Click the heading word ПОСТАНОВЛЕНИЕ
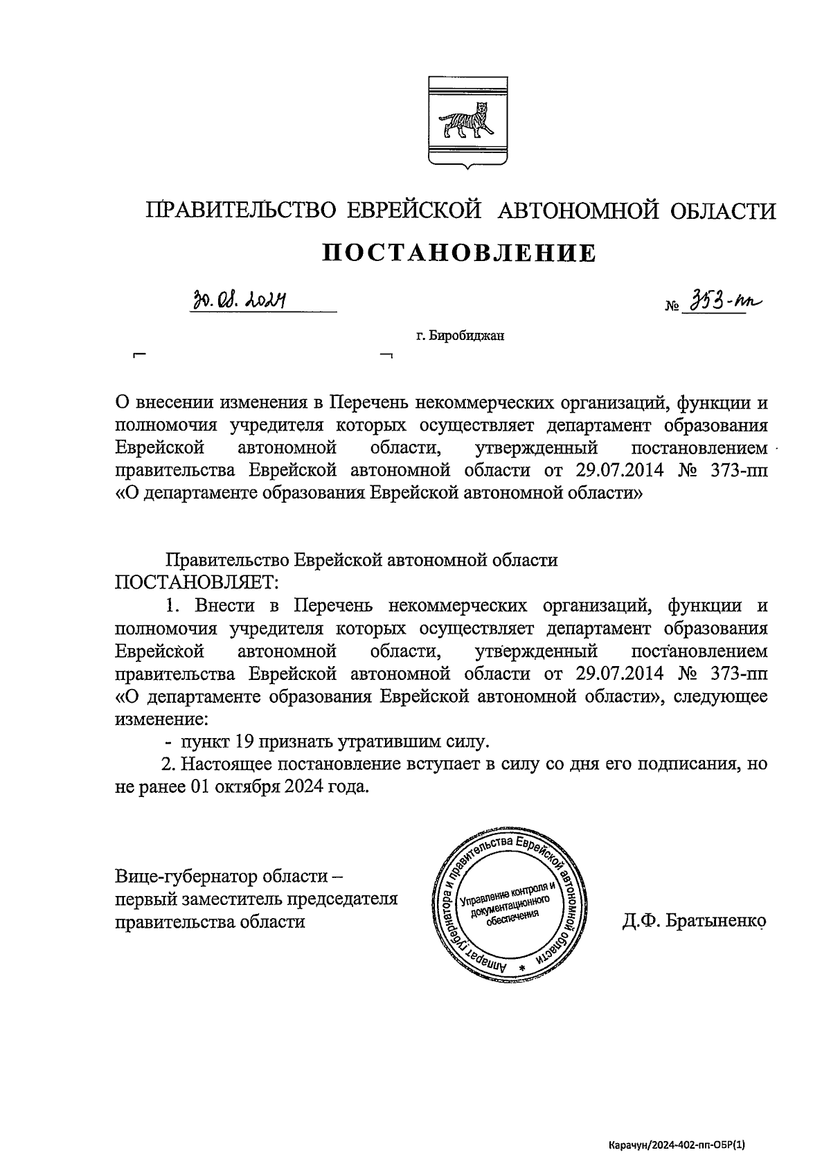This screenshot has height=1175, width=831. coord(461,253)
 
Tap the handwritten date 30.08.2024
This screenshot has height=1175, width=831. coord(240,300)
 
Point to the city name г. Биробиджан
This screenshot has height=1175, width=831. coord(461,337)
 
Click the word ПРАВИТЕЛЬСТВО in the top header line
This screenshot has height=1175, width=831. coord(241,210)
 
